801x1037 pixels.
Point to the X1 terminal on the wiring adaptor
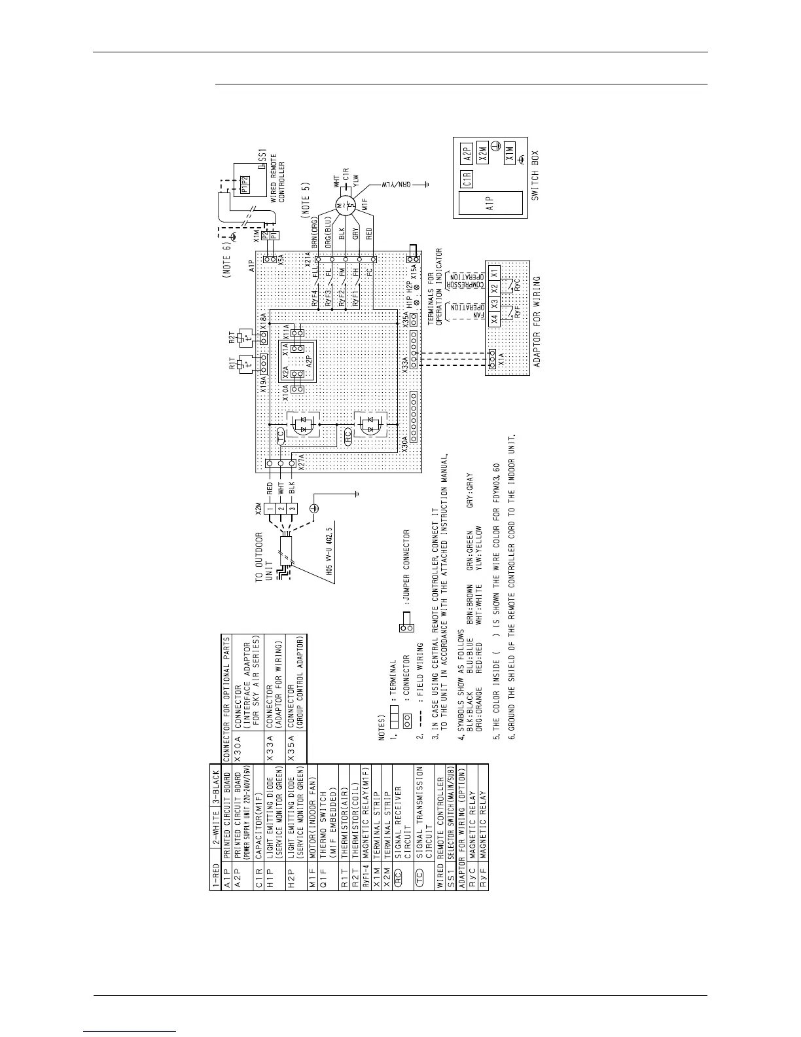coord(495,270)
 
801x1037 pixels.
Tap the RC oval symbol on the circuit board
coord(348,433)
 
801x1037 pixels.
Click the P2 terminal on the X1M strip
coord(264,234)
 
